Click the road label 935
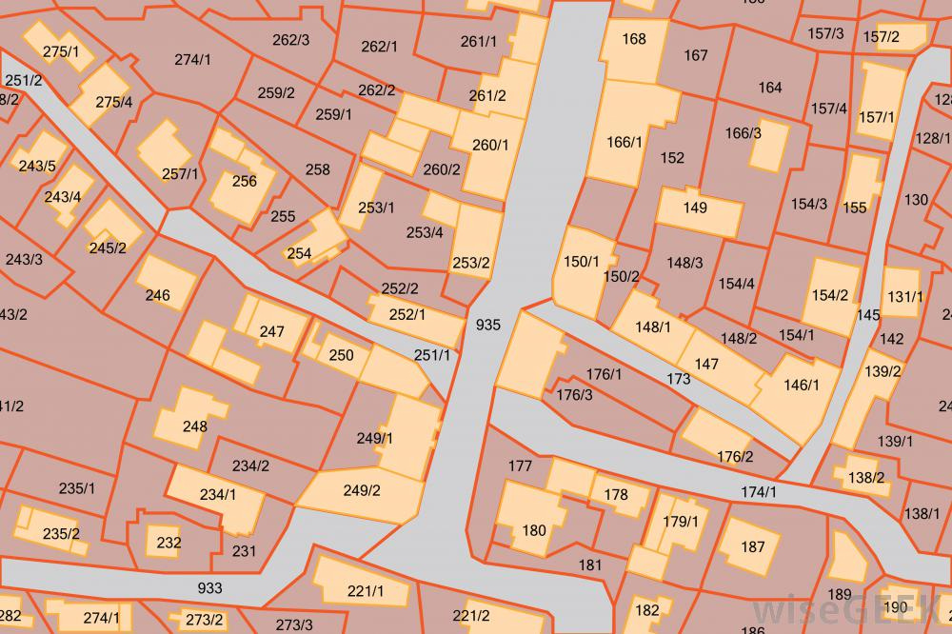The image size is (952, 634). (487, 325)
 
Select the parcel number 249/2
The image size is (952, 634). (361, 491)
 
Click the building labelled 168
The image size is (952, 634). (633, 39)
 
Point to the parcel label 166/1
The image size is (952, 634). (625, 142)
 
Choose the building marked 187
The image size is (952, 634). (752, 546)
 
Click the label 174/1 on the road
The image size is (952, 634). (758, 492)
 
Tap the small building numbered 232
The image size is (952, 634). (169, 544)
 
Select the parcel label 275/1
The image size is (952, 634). (61, 51)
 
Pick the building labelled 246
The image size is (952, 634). (157, 295)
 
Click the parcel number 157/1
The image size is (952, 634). (877, 117)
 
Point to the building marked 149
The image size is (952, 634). (695, 208)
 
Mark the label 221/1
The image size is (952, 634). (365, 591)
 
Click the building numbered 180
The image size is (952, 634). (534, 530)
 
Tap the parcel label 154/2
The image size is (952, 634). (829, 295)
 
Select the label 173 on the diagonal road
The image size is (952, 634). (679, 380)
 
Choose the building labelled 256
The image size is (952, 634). (244, 181)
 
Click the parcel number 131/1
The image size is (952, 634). (904, 296)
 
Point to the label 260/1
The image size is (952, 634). (491, 145)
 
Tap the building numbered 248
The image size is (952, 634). (194, 426)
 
